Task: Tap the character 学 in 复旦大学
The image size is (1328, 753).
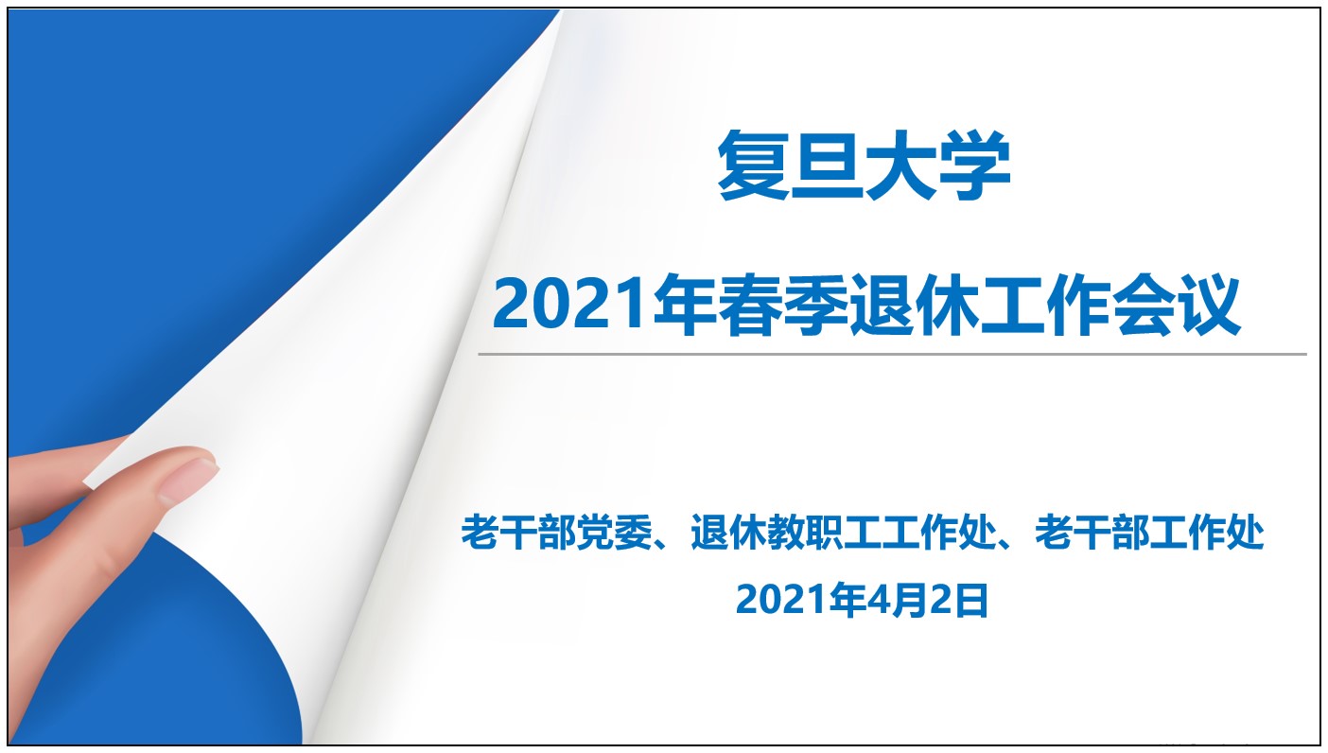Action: pos(974,165)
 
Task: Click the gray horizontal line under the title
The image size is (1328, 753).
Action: pos(892,355)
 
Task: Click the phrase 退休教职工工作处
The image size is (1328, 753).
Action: pos(843,533)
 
